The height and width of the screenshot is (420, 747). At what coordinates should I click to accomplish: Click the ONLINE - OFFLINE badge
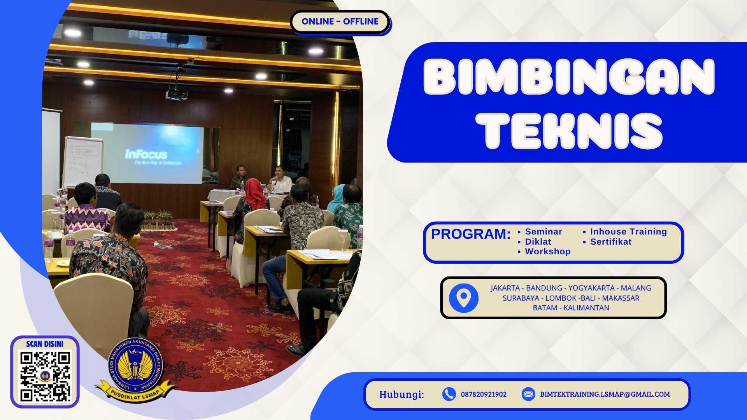coord(340,22)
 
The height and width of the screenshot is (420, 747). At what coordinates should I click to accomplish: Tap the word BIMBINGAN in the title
coord(569,77)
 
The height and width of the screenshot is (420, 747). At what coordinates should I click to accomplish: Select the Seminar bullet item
coord(543,232)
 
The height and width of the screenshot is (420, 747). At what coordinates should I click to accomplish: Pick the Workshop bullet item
coord(547,252)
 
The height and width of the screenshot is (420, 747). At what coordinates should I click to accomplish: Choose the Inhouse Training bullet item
coord(628,232)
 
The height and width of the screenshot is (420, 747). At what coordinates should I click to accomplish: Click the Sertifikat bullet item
coord(610,242)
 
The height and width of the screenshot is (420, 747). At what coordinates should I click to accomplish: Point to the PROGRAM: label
coord(470,234)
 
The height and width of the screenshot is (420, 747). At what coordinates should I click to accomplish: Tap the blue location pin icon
coord(463,298)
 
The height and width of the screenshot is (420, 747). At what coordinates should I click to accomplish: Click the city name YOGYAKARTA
coord(591,288)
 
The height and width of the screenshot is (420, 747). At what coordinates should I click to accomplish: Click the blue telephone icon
coord(449,394)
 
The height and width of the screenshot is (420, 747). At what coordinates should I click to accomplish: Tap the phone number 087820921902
coord(484,394)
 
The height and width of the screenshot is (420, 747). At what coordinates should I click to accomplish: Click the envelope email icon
coord(528,394)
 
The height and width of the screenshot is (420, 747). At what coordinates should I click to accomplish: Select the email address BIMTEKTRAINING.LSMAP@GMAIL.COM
coord(605,394)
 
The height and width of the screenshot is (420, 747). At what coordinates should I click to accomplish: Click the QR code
coord(45,376)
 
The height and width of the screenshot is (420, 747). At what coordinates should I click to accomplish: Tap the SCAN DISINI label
coord(45,344)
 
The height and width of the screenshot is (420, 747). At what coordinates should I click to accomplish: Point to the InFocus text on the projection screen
coord(146,154)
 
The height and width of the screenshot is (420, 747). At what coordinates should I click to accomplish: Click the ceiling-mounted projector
coord(176,94)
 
